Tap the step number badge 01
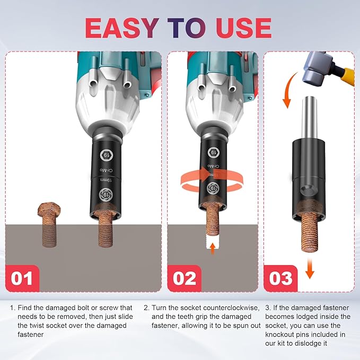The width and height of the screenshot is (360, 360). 22,278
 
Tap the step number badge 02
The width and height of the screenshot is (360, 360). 185,278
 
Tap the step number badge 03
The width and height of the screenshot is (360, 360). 281,278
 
